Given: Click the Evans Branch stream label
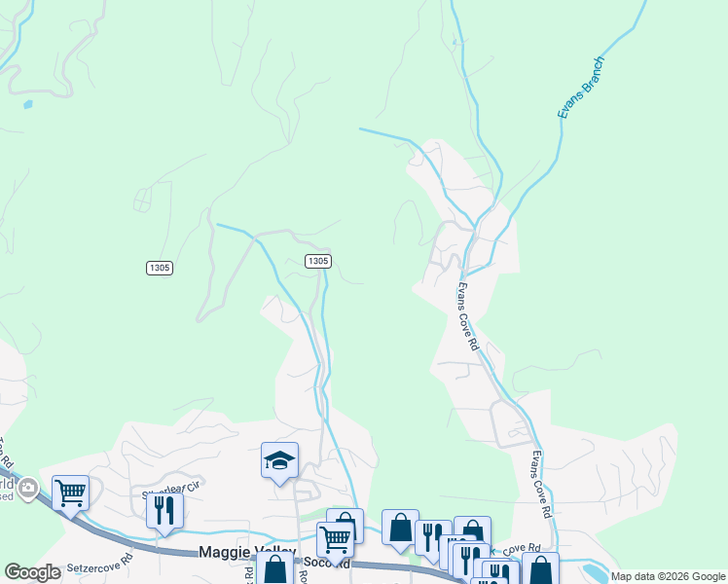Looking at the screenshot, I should tap(582, 88).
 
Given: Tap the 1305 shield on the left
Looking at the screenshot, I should tap(161, 268).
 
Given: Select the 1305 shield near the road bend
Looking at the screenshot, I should tap(317, 261).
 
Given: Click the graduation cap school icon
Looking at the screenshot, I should tap(279, 460).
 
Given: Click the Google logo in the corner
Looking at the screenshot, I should tap(32, 572).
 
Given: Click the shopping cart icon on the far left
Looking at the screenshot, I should tap(70, 493).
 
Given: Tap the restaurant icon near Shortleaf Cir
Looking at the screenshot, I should tap(164, 511).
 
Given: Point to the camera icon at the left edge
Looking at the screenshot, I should tap(28, 488).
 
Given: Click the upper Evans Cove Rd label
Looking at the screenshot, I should tap(467, 316).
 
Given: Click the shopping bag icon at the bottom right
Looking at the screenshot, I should tap(540, 568).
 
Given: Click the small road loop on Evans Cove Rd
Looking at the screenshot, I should tap(509, 424).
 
